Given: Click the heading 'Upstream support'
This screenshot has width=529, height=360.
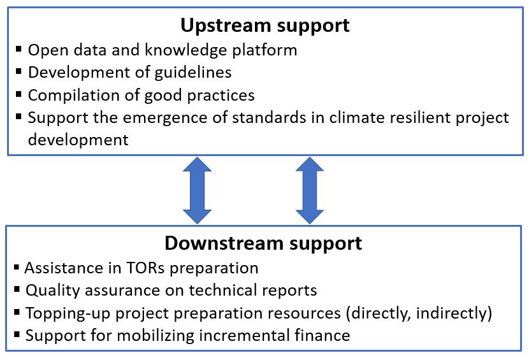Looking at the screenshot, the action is [x=265, y=26].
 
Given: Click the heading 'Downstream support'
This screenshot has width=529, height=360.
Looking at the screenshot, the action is [x=263, y=243].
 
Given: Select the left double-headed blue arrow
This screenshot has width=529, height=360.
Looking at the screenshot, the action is [x=198, y=191].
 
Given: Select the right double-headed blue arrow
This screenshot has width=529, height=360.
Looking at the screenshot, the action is [x=310, y=191].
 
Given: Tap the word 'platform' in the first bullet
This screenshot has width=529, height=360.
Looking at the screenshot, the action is [x=264, y=50].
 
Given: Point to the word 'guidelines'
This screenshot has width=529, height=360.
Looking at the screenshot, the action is [x=193, y=73].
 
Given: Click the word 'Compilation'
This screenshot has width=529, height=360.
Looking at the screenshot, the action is [x=74, y=96].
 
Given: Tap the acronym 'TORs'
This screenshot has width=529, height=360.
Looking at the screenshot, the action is [x=145, y=268].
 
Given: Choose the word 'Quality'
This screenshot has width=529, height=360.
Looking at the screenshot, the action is [x=53, y=291].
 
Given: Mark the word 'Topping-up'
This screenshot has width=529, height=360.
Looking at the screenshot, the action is [x=68, y=313].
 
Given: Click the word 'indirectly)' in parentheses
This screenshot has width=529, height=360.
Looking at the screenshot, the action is [x=454, y=313].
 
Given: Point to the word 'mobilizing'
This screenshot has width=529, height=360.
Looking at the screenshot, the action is [x=156, y=336].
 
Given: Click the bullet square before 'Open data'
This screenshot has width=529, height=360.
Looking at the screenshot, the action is [x=18, y=49].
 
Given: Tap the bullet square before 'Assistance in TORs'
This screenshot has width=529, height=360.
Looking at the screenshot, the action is [x=16, y=268].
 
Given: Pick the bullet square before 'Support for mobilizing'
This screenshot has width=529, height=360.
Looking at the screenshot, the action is [x=17, y=335].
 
